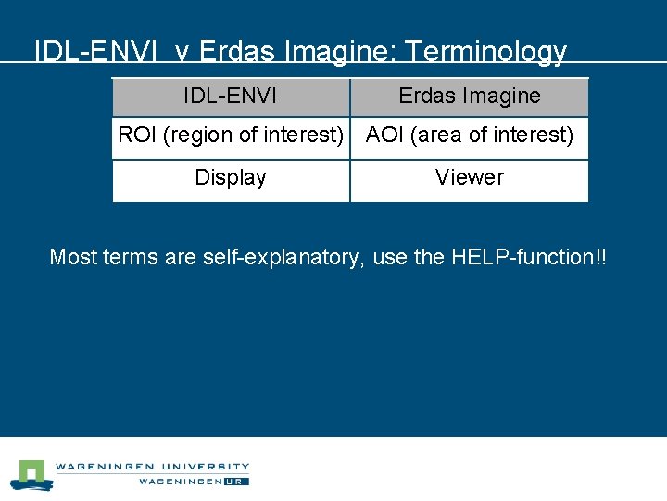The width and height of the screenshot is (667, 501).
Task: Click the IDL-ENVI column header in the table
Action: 230,96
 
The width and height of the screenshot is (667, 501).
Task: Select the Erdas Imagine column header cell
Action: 470,96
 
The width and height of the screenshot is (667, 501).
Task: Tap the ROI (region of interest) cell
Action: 231,135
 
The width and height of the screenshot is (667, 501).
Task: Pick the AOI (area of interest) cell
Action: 470,135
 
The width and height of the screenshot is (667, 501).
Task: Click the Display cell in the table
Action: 231,177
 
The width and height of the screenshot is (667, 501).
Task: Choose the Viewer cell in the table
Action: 470,177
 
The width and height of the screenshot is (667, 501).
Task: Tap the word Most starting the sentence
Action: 73,257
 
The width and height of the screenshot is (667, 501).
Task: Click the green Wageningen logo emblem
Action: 32,474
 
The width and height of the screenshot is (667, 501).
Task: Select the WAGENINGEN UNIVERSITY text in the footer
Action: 152,466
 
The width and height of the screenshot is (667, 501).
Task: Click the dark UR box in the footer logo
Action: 236,481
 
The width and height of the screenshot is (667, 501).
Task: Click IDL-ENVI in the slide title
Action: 89,51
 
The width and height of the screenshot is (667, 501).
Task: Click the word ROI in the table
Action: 137,135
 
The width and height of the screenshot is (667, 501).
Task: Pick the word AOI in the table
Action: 384,135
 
